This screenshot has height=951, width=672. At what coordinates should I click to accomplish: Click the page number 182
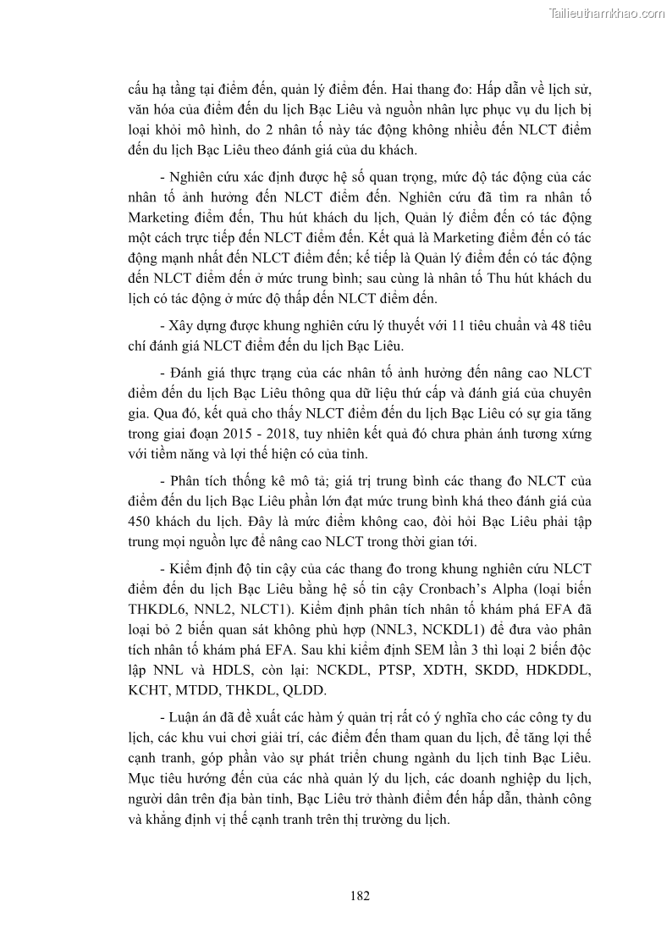pyautogui.click(x=359, y=895)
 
